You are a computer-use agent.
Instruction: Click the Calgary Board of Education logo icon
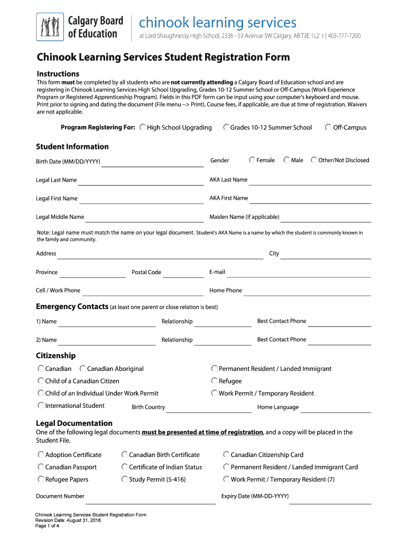coord(50,27)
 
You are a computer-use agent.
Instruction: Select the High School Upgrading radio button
coord(143,127)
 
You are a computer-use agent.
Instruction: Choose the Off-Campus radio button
coord(328,127)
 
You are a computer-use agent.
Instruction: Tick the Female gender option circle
coord(253,160)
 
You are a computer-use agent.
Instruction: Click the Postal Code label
coord(146,272)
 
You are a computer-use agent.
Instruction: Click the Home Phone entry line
coord(307,292)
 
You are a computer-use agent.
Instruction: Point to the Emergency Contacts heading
coord(72,307)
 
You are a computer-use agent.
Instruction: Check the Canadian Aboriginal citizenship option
coord(83,369)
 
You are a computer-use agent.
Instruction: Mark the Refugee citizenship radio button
coord(215,381)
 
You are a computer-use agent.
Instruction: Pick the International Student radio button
coord(41,406)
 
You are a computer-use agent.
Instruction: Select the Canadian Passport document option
coord(41,467)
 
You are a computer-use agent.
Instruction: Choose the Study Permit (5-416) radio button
coord(125,479)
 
